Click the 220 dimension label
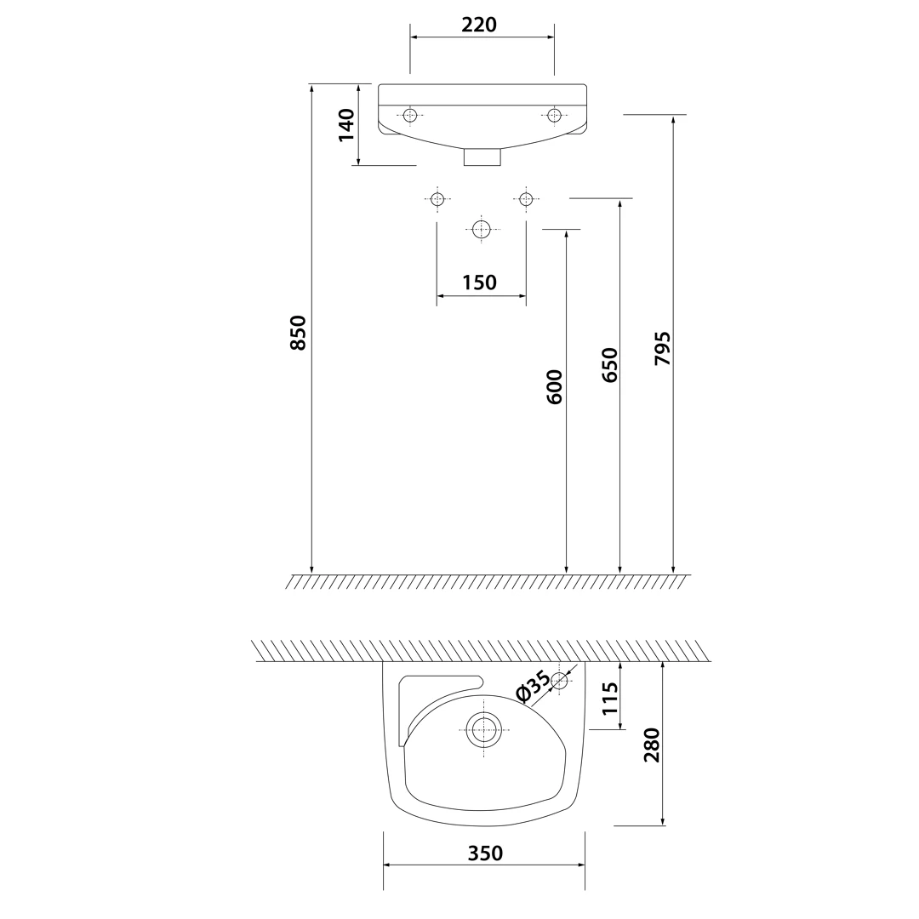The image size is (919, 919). (x=479, y=25)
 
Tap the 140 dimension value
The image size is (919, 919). (x=346, y=125)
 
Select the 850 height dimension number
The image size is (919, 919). (x=299, y=333)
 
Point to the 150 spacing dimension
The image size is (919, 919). (x=479, y=283)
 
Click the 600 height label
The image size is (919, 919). (x=555, y=387)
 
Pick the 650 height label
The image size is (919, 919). (x=609, y=365)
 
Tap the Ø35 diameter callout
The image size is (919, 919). (x=533, y=687)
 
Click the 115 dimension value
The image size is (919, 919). (x=609, y=698)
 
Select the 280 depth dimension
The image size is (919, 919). (x=652, y=745)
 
